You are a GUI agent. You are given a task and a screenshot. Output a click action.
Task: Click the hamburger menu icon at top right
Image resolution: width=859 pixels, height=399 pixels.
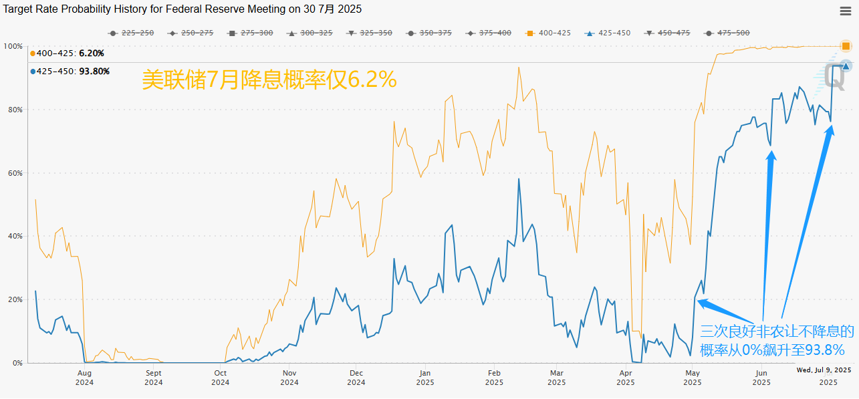pos(845,11)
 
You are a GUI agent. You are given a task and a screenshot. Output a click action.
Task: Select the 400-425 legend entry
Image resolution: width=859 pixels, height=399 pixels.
pos(549,33)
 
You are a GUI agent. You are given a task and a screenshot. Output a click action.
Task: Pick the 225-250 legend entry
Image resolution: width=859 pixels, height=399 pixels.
pos(132,33)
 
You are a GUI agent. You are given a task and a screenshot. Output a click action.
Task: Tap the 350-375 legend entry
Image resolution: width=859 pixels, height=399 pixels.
pos(429,33)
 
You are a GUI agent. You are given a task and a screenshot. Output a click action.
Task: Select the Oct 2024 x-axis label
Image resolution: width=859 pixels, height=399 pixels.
pos(220,378)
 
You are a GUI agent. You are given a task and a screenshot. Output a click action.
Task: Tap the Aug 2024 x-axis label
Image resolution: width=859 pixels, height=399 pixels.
pos(84,378)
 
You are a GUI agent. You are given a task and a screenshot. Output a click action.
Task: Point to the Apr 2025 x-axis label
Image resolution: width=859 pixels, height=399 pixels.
pos(626,378)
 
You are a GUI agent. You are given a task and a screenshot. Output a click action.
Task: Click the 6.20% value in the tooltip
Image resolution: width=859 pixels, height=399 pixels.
pos(92,53)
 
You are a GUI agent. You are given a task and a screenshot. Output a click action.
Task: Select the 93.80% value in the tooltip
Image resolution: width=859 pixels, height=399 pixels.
pos(94,72)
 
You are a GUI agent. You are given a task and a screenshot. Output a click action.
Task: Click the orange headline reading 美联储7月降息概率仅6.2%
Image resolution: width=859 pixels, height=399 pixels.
pos(269,80)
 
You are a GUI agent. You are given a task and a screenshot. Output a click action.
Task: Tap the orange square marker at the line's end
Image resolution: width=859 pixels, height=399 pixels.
pos(846,46)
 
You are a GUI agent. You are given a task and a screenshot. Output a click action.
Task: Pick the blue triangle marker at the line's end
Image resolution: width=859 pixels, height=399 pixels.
pos(846,65)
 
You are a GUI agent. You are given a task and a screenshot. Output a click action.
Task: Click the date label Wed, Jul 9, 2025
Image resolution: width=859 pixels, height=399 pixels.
pos(824,370)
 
